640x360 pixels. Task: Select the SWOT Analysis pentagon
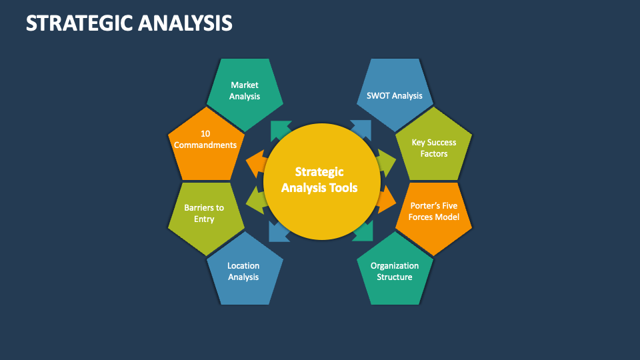coord(395,93)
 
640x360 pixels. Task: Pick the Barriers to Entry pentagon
coord(205,215)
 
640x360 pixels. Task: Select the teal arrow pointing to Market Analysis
coord(280,130)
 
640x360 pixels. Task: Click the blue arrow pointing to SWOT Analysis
coord(361,129)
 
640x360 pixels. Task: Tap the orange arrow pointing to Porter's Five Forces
coord(386,199)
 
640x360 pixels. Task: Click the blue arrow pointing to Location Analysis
coord(279,231)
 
